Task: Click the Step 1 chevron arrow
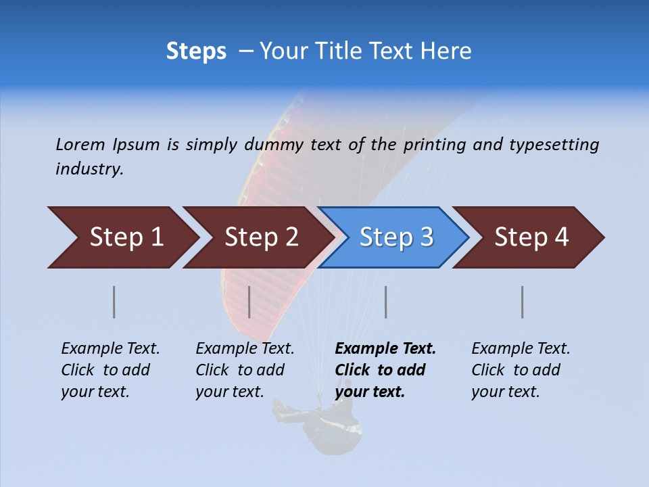coord(126,237)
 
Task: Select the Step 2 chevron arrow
coord(261,237)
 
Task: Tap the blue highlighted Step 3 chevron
coord(396,237)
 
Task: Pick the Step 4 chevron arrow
coord(531,237)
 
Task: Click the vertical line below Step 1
coord(114,302)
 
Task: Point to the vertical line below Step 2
coord(249,302)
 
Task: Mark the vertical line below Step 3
coord(385,302)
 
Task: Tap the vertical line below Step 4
coord(522,302)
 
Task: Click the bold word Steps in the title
coord(196,51)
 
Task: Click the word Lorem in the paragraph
coord(80,144)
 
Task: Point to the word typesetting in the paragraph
coord(554,145)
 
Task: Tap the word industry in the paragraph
coord(89,168)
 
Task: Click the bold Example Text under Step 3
coord(385,349)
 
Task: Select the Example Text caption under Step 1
coord(110,349)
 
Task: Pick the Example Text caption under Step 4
coord(521,349)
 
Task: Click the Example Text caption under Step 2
coord(245,349)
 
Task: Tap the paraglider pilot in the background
coord(331,423)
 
